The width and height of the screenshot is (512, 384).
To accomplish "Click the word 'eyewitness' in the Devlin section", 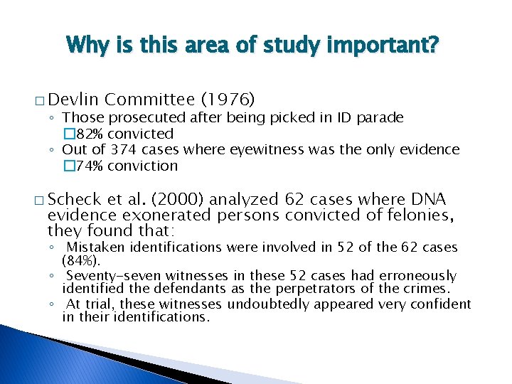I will click(262, 149).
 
